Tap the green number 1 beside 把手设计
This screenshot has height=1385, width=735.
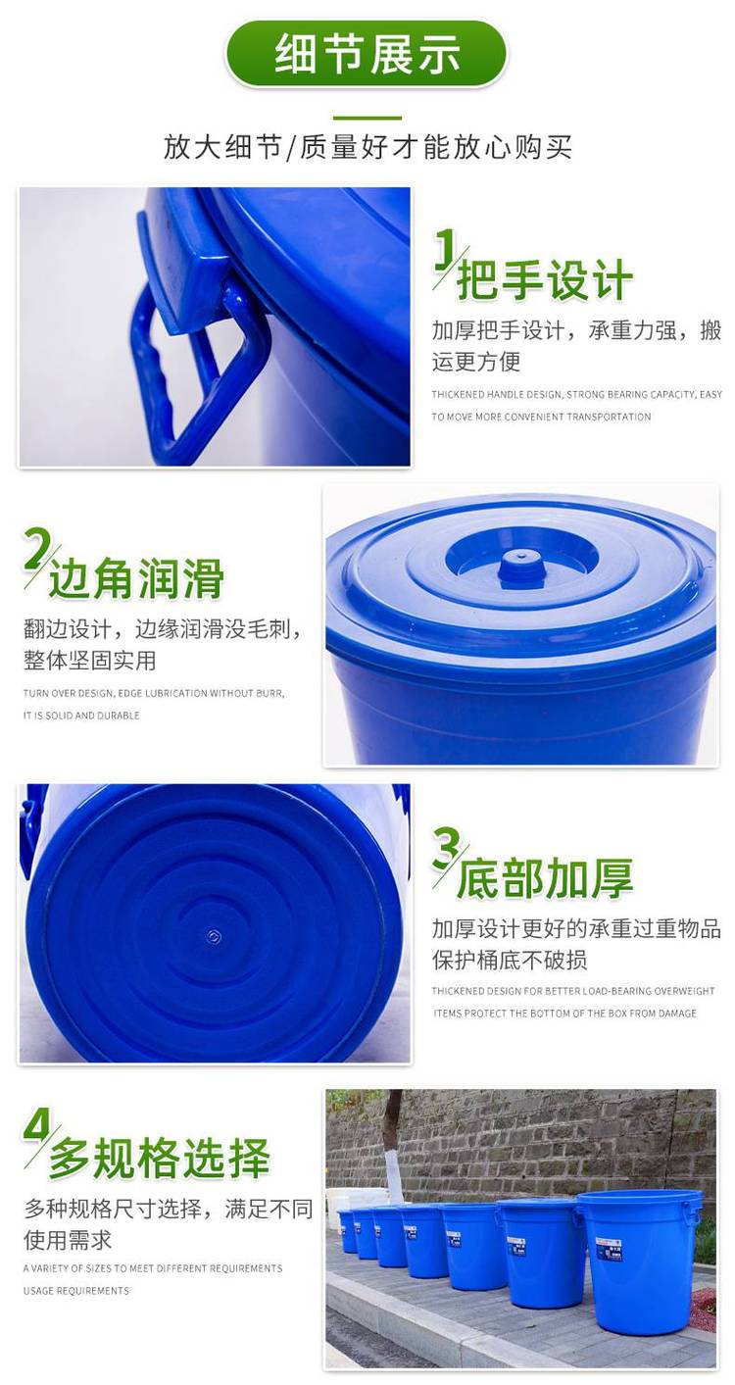(x=444, y=249)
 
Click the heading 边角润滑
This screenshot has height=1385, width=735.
(x=136, y=578)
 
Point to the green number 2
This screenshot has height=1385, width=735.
(x=36, y=549)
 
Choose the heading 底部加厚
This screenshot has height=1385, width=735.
(x=545, y=877)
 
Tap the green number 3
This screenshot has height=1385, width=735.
(x=445, y=848)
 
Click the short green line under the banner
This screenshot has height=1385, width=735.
(x=367, y=118)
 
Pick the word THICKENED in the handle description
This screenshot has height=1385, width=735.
(x=458, y=394)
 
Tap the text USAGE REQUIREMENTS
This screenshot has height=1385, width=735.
(x=76, y=1290)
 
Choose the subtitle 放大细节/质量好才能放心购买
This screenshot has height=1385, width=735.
(x=367, y=148)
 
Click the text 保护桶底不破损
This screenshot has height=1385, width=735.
(x=510, y=960)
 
